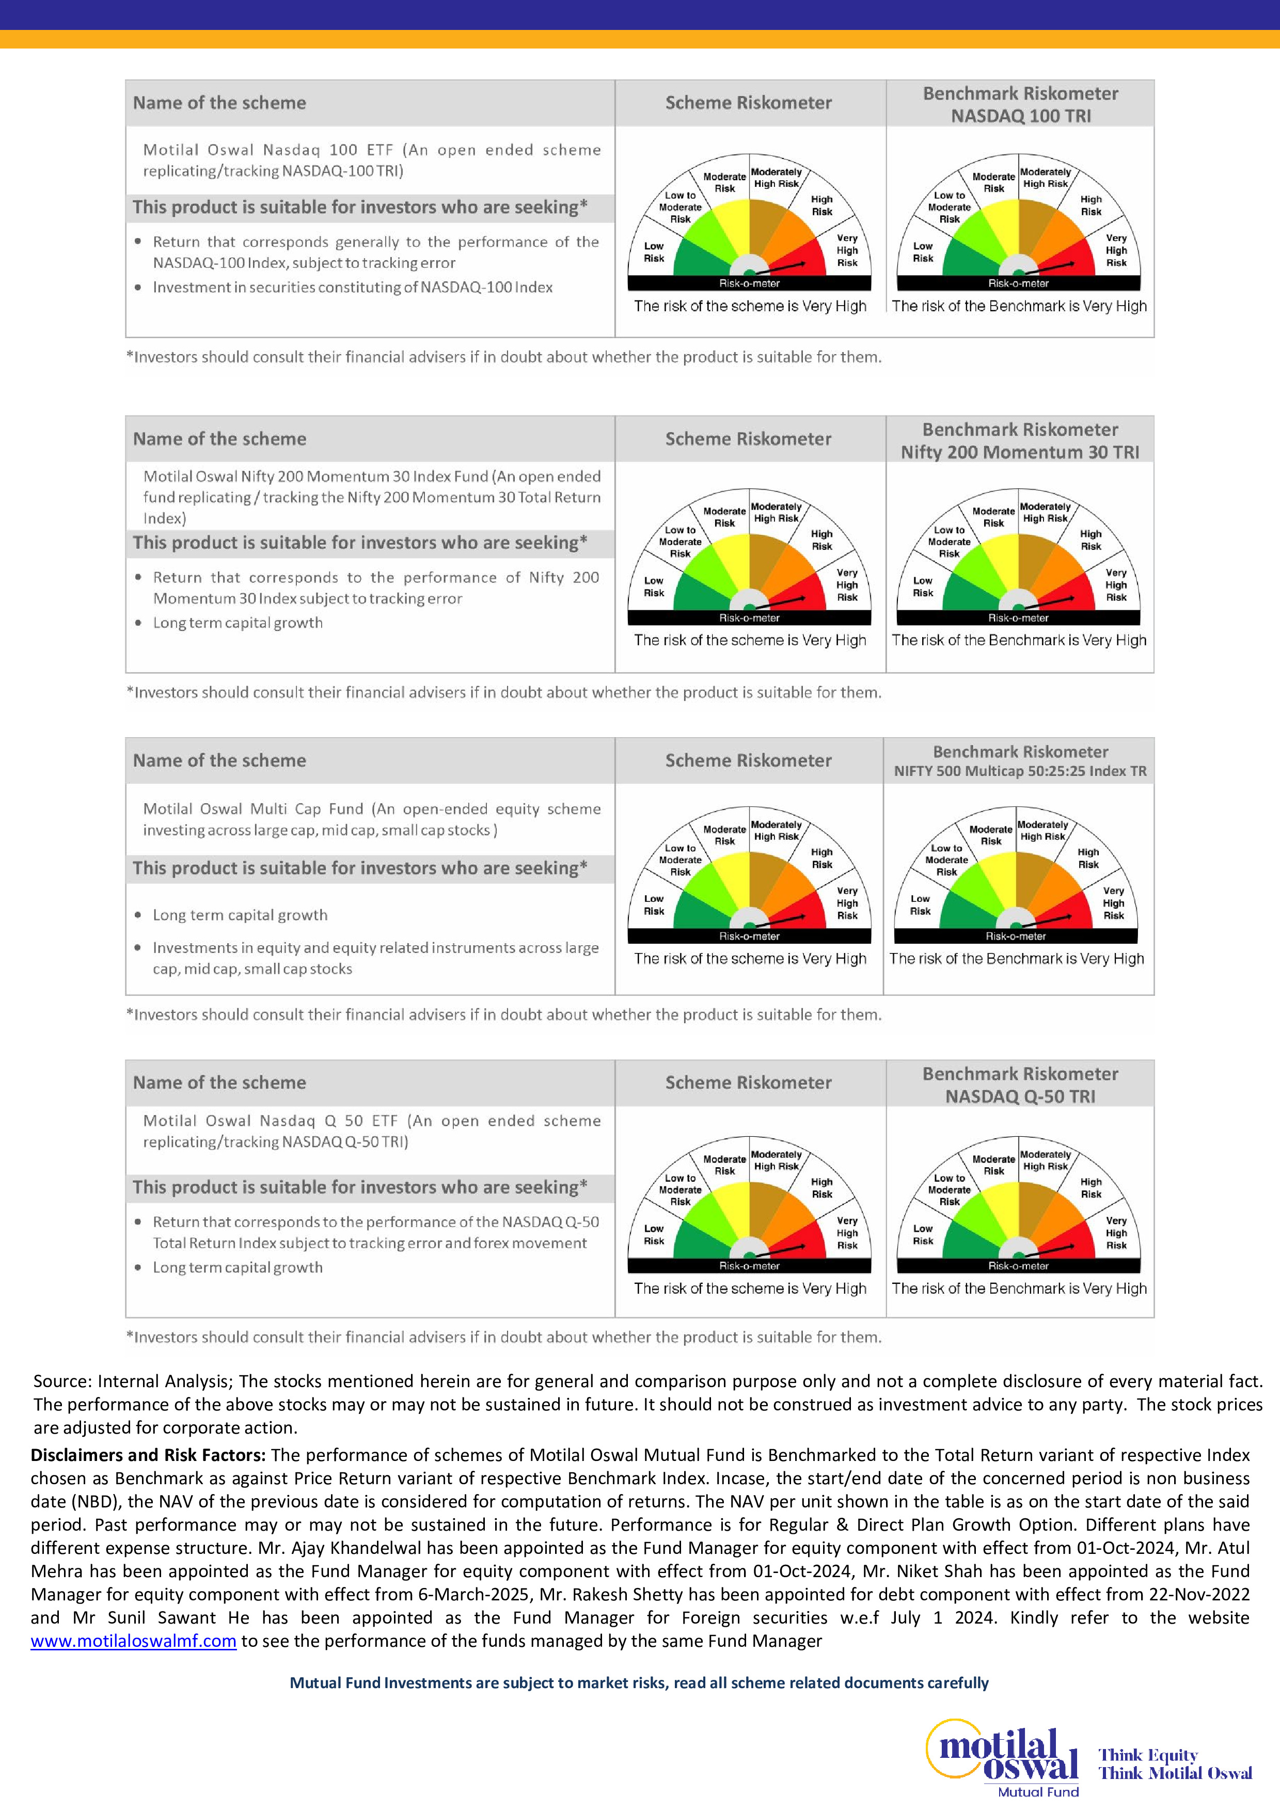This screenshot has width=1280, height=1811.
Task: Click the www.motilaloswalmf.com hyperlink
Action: pyautogui.click(x=133, y=1642)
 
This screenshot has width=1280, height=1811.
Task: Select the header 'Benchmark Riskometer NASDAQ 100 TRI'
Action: pyautogui.click(x=1020, y=104)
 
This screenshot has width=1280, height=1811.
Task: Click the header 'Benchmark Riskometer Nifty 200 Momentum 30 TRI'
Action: pyautogui.click(x=1020, y=440)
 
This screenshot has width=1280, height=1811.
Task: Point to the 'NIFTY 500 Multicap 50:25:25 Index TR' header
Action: pyautogui.click(x=1020, y=771)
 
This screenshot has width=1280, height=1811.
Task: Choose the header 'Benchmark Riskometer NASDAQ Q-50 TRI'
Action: pyautogui.click(x=1020, y=1085)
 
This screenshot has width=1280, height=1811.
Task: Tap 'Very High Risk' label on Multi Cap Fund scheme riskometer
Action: pyautogui.click(x=847, y=903)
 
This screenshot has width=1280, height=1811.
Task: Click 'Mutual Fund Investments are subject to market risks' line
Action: pyautogui.click(x=638, y=1682)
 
